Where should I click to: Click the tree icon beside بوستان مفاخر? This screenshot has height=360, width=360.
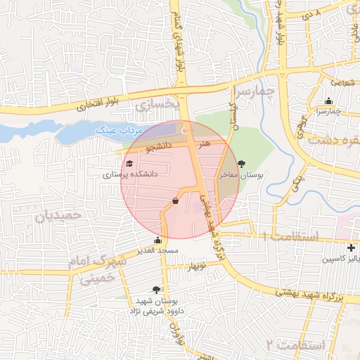242,164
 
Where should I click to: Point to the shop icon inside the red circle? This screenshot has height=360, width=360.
174,201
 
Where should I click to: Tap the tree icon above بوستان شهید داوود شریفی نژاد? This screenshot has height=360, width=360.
155,289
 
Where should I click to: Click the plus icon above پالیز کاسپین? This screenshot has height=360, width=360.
351,247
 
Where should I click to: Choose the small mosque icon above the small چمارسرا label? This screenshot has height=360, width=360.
328,101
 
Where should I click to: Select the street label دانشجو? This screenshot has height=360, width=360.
159,148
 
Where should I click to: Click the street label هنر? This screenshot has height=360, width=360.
205,143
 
